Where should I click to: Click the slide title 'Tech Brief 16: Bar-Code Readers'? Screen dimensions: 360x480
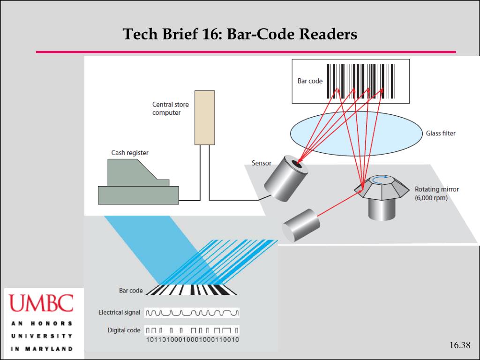[x=240, y=34]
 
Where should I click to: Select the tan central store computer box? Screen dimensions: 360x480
[x=205, y=117]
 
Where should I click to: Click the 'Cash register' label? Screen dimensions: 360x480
[x=130, y=152]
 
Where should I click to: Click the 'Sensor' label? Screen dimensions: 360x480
[x=261, y=163]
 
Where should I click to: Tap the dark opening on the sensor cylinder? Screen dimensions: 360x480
[x=297, y=163]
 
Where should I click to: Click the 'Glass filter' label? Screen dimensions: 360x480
[x=440, y=133]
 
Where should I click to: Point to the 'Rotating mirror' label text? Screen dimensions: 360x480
[x=436, y=189]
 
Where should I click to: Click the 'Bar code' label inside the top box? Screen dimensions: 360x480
[x=310, y=81]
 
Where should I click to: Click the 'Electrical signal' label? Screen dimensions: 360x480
[x=119, y=312]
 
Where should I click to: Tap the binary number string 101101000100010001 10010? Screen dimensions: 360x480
[x=193, y=339]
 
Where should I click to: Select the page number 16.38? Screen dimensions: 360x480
[x=459, y=345]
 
